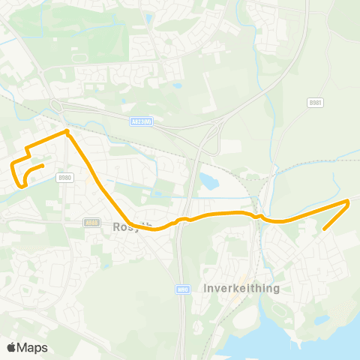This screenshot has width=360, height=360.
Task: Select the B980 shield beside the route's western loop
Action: pyautogui.click(x=65, y=178)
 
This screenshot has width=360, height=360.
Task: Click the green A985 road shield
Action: pyautogui.click(x=91, y=222)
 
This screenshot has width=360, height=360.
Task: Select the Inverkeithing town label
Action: pyautogui.click(x=241, y=288)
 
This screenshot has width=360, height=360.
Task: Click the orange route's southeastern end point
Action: pyautogui.click(x=324, y=229)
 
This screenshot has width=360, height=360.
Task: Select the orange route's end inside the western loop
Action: pyautogui.click(x=43, y=166)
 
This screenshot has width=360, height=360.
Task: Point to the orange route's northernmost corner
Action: pyautogui.click(x=67, y=131)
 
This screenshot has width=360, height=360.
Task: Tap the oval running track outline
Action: pyautogui.click(x=76, y=57)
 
